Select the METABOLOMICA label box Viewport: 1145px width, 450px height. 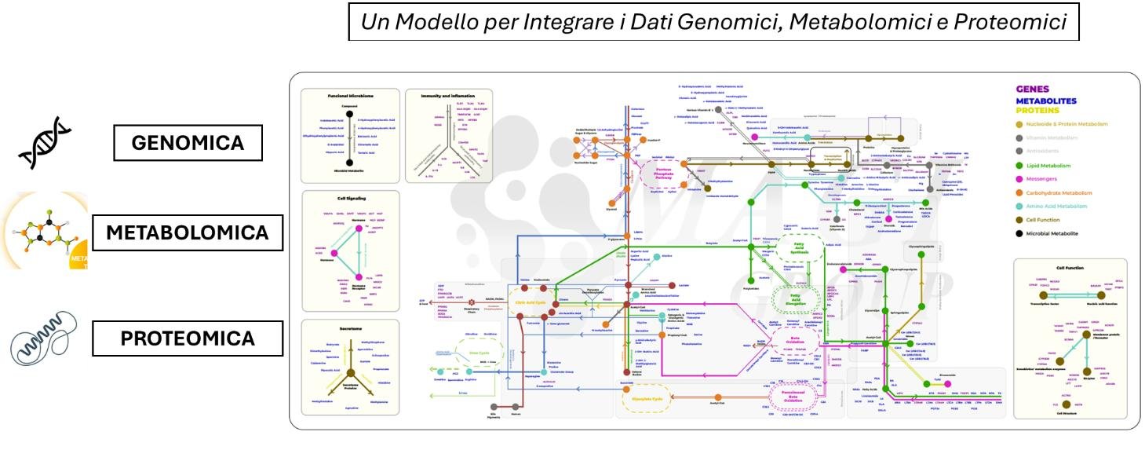[x=188, y=232]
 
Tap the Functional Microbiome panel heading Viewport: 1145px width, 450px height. [x=348, y=96]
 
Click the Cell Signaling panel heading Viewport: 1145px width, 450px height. [x=350, y=199]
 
